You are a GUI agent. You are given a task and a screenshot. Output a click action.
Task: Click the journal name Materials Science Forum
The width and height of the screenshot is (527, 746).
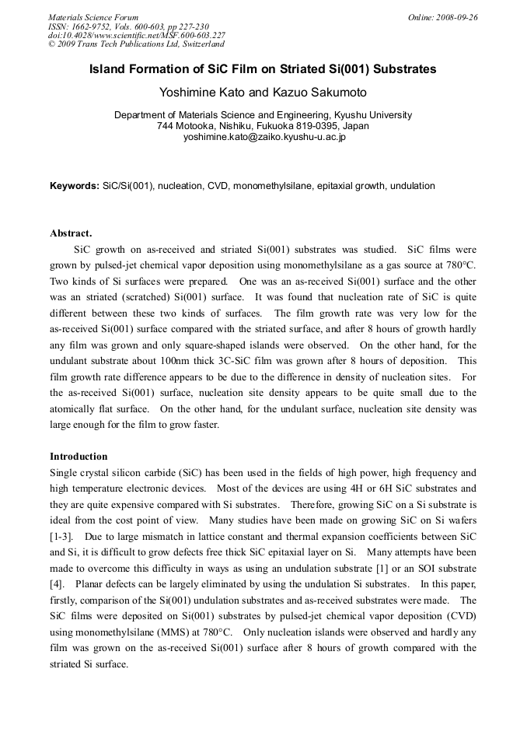[93, 17]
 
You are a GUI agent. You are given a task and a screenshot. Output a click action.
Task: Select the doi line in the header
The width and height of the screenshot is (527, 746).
[137, 35]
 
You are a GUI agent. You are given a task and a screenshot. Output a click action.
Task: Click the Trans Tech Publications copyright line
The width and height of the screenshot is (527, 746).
[136, 44]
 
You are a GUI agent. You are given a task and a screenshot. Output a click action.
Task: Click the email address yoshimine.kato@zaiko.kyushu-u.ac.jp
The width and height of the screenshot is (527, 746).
[263, 137]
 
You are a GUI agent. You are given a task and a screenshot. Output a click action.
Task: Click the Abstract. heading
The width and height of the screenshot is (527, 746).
[71, 233]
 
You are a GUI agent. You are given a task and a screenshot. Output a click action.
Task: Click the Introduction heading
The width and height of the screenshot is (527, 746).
[79, 457]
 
